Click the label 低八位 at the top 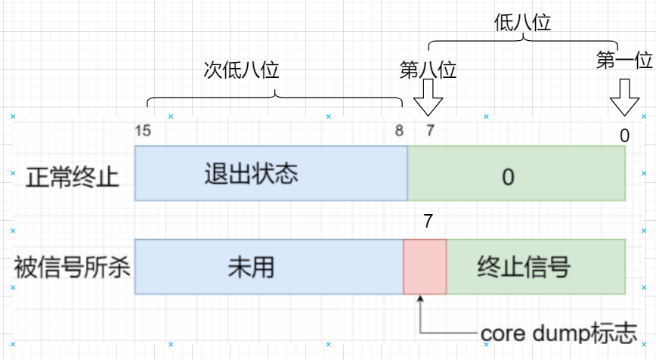click(x=522, y=23)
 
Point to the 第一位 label click(x=624, y=61)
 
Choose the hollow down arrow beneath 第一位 click(x=624, y=98)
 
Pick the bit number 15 click(x=142, y=130)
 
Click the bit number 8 click(x=399, y=130)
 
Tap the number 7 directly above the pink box click(x=428, y=221)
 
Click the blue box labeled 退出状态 click(x=271, y=173)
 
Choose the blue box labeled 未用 click(x=268, y=267)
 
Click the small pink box click(x=425, y=267)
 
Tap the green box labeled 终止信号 click(x=536, y=267)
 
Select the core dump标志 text click(x=559, y=334)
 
